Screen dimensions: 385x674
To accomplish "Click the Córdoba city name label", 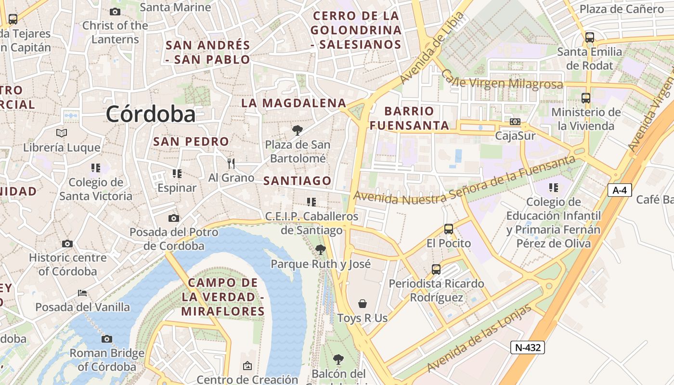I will [x=151, y=115].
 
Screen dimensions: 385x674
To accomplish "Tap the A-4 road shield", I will [x=619, y=190].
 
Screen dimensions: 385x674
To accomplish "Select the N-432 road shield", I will [x=527, y=347].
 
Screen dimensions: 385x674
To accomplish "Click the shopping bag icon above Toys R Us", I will [x=363, y=304].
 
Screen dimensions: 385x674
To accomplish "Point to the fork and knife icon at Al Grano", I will [x=231, y=164].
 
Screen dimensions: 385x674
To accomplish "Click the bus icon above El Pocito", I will [x=449, y=229].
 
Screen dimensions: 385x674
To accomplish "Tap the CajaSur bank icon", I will [x=515, y=122].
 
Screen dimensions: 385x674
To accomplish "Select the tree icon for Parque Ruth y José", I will [x=320, y=250].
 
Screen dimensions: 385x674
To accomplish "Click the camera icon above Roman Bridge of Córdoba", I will [x=107, y=339].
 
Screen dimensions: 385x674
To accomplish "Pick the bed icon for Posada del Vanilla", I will [x=82, y=293].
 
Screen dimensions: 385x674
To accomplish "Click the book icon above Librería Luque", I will [x=62, y=133].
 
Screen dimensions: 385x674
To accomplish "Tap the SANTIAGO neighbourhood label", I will [x=298, y=181].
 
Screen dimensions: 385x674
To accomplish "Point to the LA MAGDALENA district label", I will [x=294, y=103].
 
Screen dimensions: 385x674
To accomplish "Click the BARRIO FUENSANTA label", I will [x=416, y=118].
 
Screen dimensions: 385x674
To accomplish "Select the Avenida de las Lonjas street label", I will [x=479, y=338].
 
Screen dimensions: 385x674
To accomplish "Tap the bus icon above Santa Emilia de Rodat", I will [x=589, y=37].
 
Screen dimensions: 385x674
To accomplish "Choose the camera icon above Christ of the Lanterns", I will [x=115, y=12].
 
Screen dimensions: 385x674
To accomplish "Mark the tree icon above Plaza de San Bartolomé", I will [x=298, y=130].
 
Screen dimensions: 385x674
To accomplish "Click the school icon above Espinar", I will [x=177, y=173].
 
